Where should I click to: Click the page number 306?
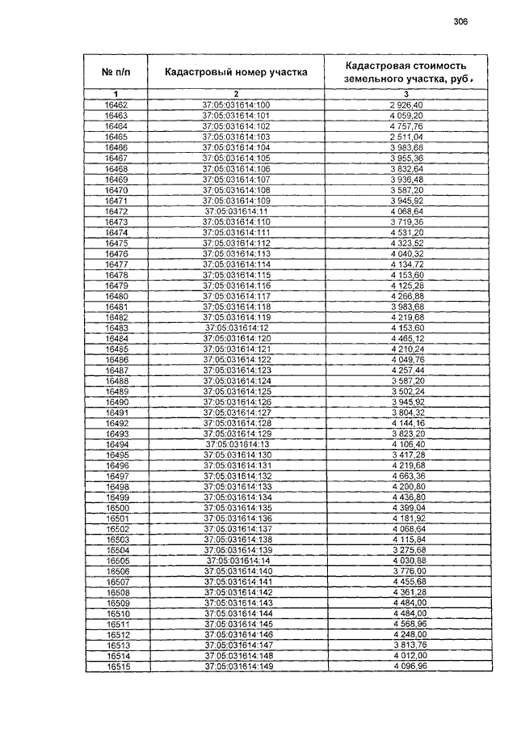(x=460, y=21)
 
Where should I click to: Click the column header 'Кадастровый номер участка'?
(x=236, y=71)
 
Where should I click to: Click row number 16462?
(x=116, y=105)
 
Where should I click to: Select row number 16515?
(x=116, y=666)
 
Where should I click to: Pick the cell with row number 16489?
(x=116, y=391)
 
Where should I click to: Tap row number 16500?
(x=116, y=507)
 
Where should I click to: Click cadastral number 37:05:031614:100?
(x=237, y=105)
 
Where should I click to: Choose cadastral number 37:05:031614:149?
(x=237, y=666)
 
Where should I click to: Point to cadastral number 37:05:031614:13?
(x=237, y=444)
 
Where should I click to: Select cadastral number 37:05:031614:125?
(x=237, y=391)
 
